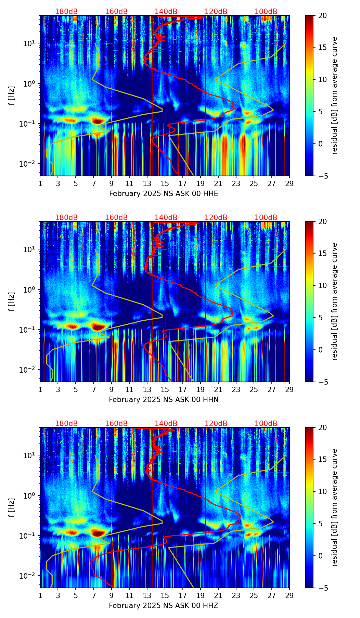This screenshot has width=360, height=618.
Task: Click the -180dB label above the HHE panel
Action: coord(65,12)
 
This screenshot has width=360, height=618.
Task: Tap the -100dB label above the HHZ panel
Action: coord(265,424)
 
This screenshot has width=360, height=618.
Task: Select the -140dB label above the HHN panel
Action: coord(165,218)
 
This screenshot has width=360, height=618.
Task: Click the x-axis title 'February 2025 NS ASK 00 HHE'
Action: coord(164,194)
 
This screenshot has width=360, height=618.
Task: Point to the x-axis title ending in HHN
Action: coord(164,400)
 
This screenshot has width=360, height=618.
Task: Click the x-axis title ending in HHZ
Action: coord(164,606)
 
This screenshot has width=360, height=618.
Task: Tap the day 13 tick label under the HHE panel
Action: coord(147,183)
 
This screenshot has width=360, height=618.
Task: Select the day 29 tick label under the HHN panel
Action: coord(290,389)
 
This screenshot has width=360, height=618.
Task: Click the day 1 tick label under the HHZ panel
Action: coord(40,595)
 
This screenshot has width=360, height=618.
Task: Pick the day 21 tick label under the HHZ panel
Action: coord(218,595)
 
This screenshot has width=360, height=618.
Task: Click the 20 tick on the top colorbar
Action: coord(322,15)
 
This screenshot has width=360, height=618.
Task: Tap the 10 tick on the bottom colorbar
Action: coord(322,491)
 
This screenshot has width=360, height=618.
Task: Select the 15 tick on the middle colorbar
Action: coord(322,254)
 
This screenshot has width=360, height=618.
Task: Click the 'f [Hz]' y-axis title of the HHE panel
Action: coord(12,96)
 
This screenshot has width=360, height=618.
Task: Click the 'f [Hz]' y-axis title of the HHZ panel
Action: coord(12,508)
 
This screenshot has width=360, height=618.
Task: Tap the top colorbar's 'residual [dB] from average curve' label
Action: coord(335,96)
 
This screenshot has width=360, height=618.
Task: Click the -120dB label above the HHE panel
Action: coord(215,12)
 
